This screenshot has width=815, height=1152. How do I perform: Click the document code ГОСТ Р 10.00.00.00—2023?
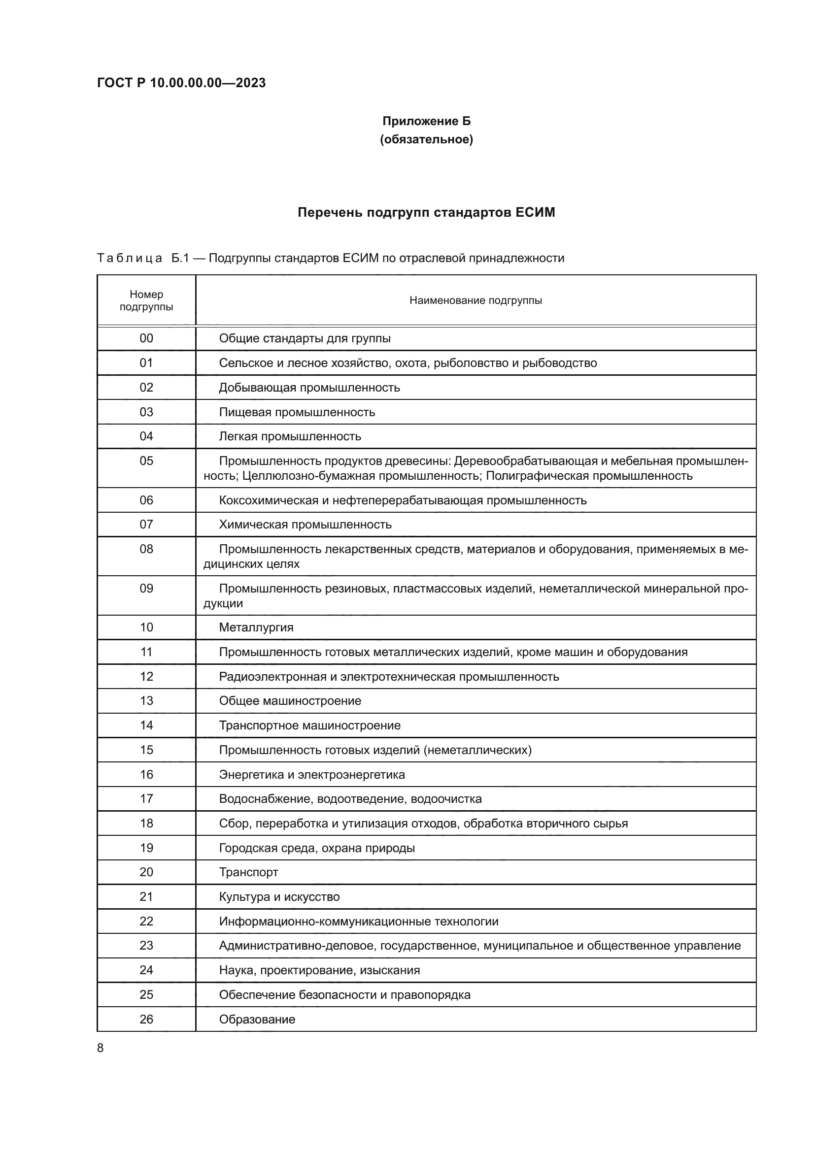pyautogui.click(x=181, y=83)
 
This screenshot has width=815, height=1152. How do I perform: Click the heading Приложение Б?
pyautogui.click(x=426, y=121)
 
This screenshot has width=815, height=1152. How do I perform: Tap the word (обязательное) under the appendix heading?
pyautogui.click(x=426, y=139)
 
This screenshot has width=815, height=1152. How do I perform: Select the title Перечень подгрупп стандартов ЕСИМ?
pyautogui.click(x=426, y=212)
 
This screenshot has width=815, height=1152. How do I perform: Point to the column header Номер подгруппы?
pyautogui.click(x=146, y=300)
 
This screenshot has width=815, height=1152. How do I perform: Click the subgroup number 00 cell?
pyautogui.click(x=146, y=338)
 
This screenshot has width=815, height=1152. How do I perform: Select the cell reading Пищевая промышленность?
pyautogui.click(x=297, y=412)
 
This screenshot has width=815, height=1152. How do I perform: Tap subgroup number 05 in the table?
pyautogui.click(x=146, y=461)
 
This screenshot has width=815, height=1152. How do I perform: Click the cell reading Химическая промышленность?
pyautogui.click(x=305, y=525)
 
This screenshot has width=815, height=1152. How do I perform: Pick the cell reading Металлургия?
pyautogui.click(x=256, y=627)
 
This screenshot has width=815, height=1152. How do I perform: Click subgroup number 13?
pyautogui.click(x=146, y=700)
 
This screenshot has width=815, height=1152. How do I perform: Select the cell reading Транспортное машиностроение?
pyautogui.click(x=309, y=725)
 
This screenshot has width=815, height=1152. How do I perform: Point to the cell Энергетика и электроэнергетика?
pyautogui.click(x=311, y=774)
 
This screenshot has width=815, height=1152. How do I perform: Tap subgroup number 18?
pyautogui.click(x=146, y=823)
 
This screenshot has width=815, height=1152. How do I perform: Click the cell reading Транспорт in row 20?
pyautogui.click(x=248, y=872)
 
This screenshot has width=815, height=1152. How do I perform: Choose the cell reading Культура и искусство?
pyautogui.click(x=279, y=896)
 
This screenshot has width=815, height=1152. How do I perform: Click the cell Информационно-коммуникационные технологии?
pyautogui.click(x=358, y=921)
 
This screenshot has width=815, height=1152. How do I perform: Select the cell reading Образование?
pyautogui.click(x=257, y=1019)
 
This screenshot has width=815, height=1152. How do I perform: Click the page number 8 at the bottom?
pyautogui.click(x=101, y=1048)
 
